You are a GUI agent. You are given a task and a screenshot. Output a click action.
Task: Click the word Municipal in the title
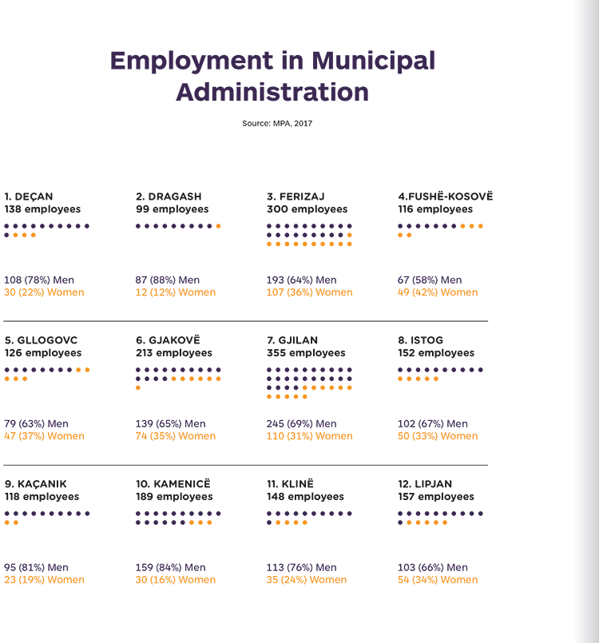(x=373, y=62)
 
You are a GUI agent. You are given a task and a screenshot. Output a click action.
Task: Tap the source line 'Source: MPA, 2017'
(x=277, y=124)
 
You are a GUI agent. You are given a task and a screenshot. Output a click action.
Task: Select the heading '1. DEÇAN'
(x=29, y=196)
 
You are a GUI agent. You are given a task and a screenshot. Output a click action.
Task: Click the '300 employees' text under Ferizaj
(x=307, y=209)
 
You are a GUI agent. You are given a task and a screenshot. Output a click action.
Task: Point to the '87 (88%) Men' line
(x=167, y=280)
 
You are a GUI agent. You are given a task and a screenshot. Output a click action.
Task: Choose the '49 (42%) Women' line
(x=438, y=292)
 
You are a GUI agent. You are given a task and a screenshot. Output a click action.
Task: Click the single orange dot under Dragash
(x=219, y=226)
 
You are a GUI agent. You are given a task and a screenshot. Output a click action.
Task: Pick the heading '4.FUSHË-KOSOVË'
(x=445, y=196)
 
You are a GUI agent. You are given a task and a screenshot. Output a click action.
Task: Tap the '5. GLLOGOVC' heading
(x=41, y=340)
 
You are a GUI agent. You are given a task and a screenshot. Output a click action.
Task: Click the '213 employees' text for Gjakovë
(x=174, y=353)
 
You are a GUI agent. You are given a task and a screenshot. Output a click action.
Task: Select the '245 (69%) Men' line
(x=301, y=424)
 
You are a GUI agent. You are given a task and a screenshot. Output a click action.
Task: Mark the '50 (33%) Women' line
(x=438, y=436)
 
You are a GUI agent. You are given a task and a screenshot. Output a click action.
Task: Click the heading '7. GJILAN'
(x=292, y=340)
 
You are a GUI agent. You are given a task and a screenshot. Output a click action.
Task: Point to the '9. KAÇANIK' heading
(x=36, y=484)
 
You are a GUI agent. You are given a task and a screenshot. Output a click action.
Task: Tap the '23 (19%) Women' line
(x=44, y=580)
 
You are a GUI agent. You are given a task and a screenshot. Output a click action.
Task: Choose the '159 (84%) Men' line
(x=171, y=568)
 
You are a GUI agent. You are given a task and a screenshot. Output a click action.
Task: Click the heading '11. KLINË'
(x=290, y=484)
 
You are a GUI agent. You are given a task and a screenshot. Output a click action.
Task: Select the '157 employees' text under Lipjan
(x=436, y=497)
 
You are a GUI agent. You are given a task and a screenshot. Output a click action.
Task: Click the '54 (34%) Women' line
(x=438, y=580)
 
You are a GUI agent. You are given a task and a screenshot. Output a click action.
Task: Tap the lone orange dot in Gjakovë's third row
(x=138, y=388)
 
